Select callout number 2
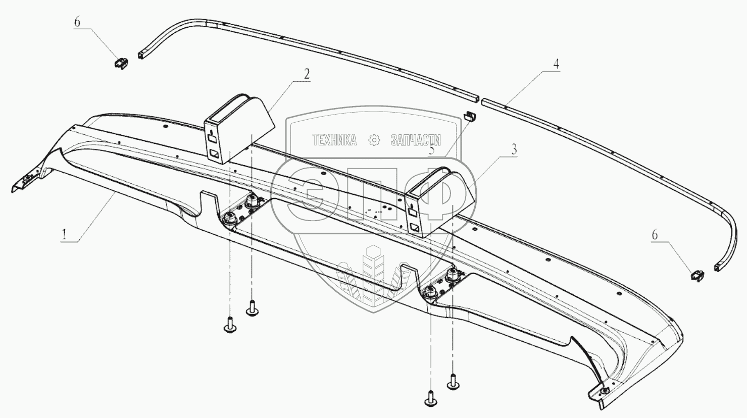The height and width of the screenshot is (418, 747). pyautogui.click(x=306, y=73)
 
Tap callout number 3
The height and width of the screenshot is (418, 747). pyautogui.click(x=514, y=149)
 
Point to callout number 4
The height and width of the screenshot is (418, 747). pyautogui.click(x=556, y=64)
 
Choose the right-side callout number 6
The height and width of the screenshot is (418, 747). pyautogui.click(x=655, y=235)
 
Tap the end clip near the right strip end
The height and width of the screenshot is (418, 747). pyautogui.click(x=696, y=275)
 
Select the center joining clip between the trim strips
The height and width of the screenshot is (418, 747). pyautogui.click(x=470, y=117)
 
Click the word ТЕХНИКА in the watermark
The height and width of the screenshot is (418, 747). pyautogui.click(x=334, y=140)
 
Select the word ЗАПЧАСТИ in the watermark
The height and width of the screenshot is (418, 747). pyautogui.click(x=416, y=140)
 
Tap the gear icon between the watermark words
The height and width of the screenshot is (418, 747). pyautogui.click(x=374, y=140)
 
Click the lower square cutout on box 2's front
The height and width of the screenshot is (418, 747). pyautogui.click(x=215, y=153)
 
